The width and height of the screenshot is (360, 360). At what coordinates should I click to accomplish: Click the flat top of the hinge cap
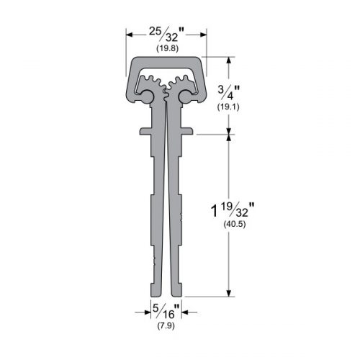click(167, 61)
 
